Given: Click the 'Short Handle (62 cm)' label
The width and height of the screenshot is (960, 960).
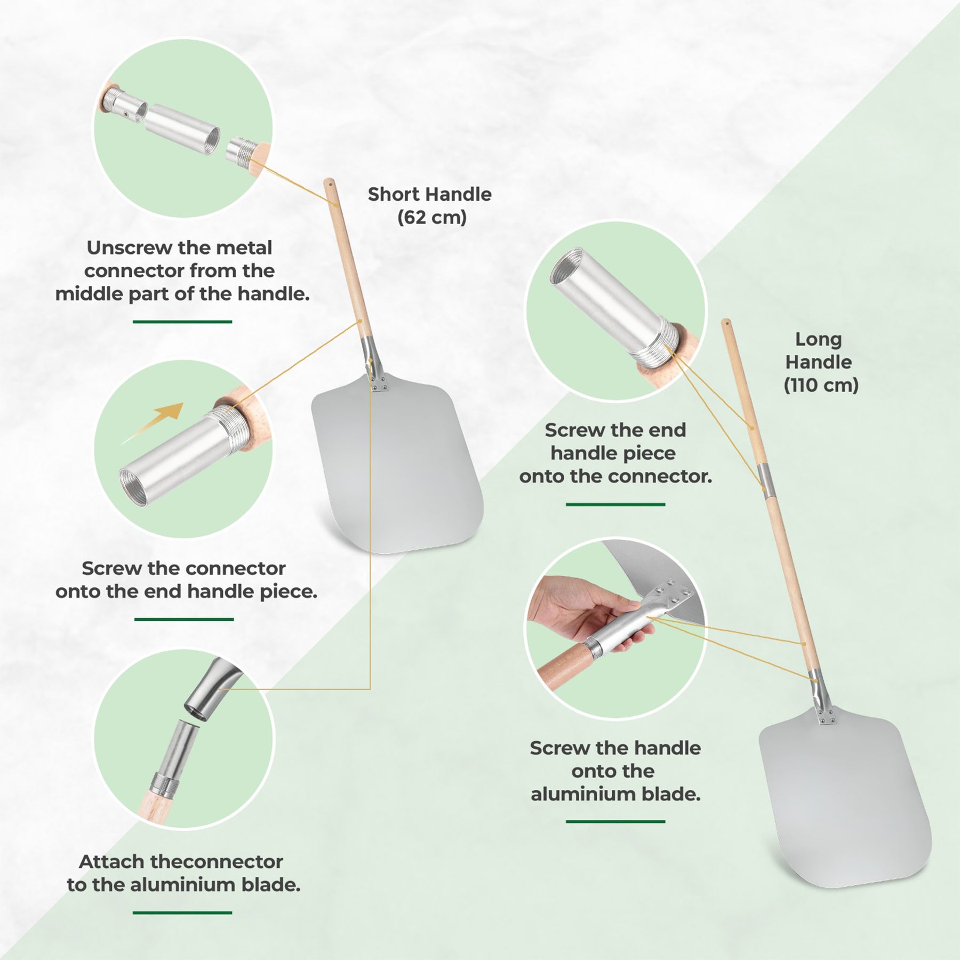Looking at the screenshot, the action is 430,205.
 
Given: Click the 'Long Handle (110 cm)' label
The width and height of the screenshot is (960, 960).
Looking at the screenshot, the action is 820,362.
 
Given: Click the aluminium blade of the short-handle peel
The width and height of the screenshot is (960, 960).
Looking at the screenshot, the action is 398,469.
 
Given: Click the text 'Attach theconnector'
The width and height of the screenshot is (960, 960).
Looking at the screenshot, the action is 181,861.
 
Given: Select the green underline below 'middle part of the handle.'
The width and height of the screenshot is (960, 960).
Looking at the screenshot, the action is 182,322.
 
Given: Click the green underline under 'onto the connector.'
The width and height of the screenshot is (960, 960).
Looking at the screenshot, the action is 615,504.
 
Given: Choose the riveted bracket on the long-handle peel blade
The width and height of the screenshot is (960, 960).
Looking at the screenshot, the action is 828,718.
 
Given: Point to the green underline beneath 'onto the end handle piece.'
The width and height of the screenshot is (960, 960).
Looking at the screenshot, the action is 184,619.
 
